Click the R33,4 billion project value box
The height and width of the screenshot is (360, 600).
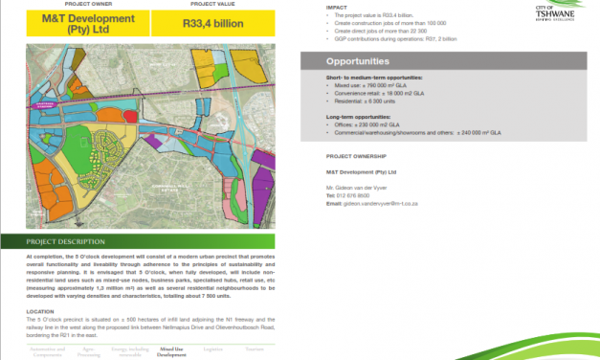click(x=211, y=23)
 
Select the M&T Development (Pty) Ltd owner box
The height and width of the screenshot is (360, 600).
click(x=76, y=23)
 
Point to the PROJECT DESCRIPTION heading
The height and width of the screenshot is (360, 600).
click(x=67, y=242)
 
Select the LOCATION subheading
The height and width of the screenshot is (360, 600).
click(x=41, y=310)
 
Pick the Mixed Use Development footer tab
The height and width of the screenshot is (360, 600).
click(x=173, y=352)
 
